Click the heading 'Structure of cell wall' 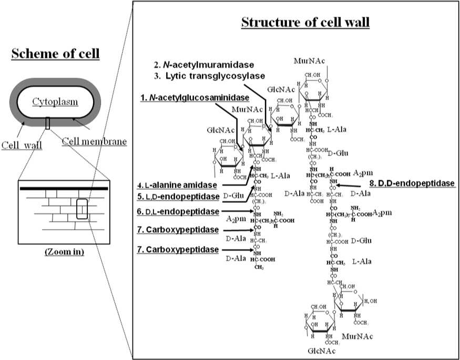[x=305, y=23]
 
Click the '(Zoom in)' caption [x=64, y=252]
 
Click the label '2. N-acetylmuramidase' [x=203, y=65]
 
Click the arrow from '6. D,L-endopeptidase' [x=237, y=211]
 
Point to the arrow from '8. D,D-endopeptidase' [x=349, y=185]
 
